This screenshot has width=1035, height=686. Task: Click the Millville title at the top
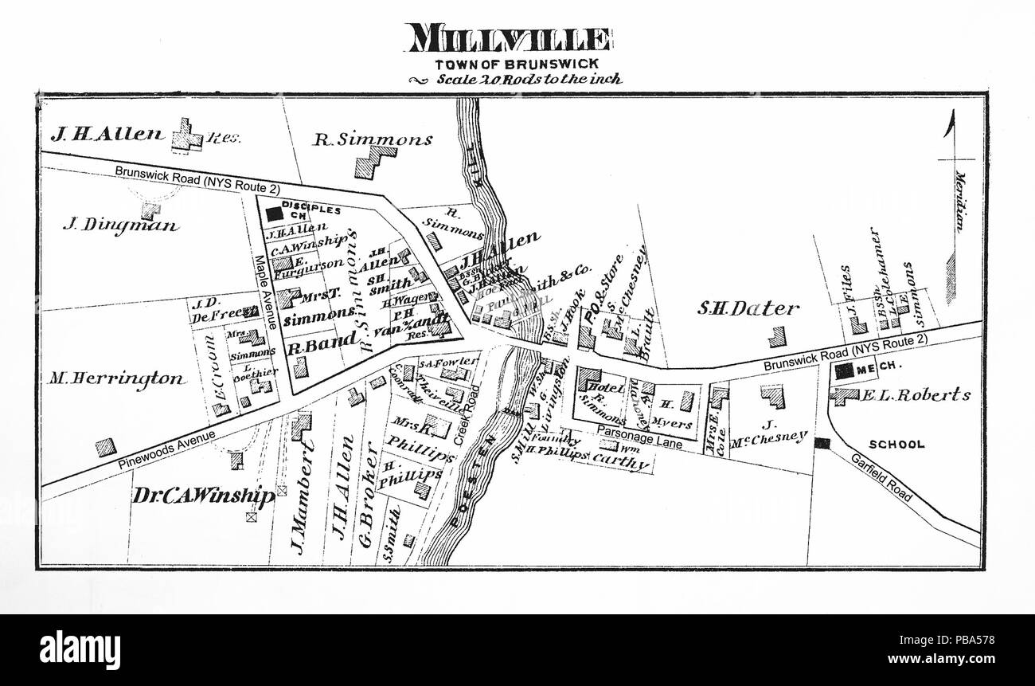click(x=508, y=38)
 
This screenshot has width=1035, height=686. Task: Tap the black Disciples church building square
click(x=274, y=214)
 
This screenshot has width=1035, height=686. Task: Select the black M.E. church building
click(x=844, y=370)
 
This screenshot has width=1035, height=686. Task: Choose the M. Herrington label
click(x=116, y=378)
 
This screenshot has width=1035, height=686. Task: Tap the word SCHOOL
click(x=896, y=445)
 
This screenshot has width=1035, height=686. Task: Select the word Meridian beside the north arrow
click(x=959, y=202)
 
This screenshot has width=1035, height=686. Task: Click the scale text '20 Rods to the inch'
click(x=528, y=80)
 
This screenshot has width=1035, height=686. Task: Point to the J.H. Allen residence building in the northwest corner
click(x=188, y=135)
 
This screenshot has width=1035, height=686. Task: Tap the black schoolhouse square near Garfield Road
click(x=822, y=443)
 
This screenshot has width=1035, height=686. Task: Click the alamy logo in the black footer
click(x=80, y=649)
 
